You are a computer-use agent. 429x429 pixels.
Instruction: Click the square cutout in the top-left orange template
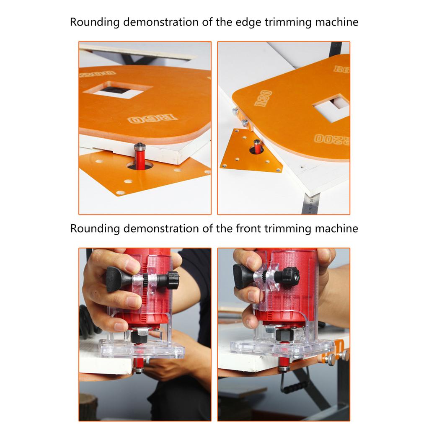(x=121, y=89)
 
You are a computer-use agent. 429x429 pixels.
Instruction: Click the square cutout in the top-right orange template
(x=332, y=107)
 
